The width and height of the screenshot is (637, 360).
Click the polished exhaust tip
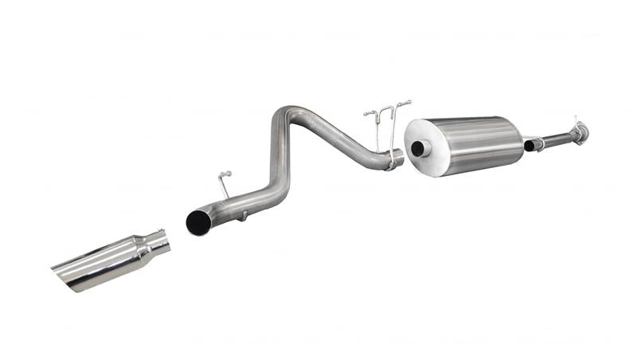tap(111, 259)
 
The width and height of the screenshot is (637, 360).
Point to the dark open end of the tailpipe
tap(197, 222)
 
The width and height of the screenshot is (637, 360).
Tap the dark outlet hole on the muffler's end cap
tap(416, 148)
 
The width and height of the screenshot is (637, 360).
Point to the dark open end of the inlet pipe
tap(528, 146)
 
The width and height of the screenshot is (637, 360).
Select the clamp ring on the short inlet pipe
tap(539, 143)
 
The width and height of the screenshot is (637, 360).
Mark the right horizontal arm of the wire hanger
tap(402, 104)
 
